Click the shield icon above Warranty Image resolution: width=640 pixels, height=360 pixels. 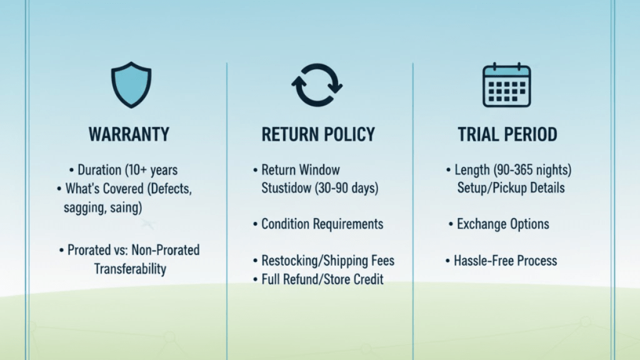(x=131, y=85)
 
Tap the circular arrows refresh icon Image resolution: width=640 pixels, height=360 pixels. (x=317, y=85)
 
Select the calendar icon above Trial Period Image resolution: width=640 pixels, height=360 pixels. (x=506, y=85)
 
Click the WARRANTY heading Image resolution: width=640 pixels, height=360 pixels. (x=129, y=134)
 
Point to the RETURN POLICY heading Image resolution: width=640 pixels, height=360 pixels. (x=318, y=134)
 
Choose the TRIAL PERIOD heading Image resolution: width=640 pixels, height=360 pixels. (x=507, y=134)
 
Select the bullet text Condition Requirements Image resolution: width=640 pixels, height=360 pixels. (x=322, y=224)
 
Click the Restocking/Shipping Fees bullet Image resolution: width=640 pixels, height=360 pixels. (x=327, y=261)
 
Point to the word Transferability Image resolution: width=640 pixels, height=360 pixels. (x=130, y=269)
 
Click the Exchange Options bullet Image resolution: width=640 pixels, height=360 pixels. (x=502, y=224)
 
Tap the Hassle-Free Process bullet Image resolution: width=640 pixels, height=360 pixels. (x=506, y=261)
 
